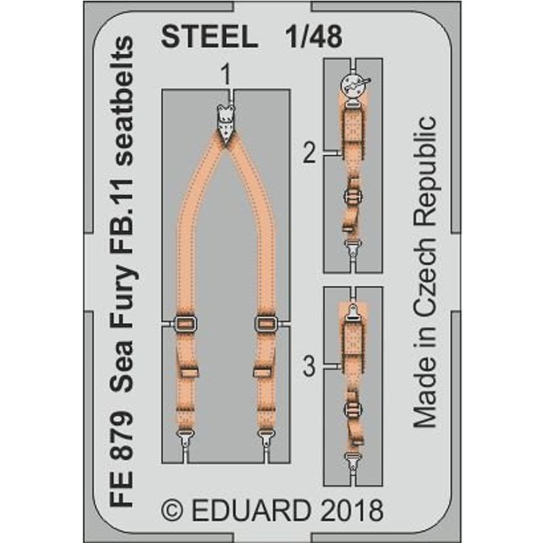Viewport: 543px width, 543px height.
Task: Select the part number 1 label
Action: pos(226,75)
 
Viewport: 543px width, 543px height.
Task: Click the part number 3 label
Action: pos(310,367)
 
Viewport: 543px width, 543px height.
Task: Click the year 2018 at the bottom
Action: pos(352,510)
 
